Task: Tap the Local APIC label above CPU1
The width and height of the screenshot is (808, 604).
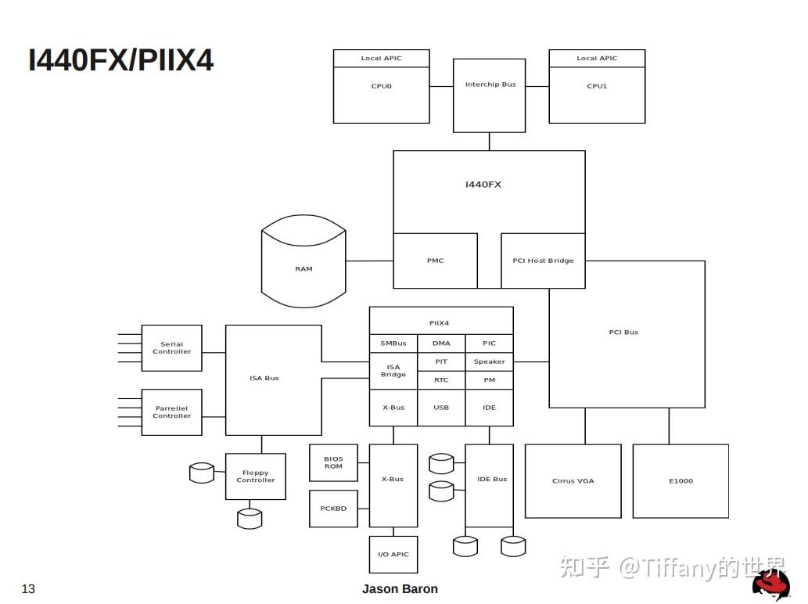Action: [x=597, y=59]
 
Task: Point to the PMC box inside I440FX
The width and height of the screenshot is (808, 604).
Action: [x=435, y=261]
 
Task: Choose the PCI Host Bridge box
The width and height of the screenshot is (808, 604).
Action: [x=543, y=261]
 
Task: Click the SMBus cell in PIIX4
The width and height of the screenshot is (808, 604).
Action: [x=393, y=343]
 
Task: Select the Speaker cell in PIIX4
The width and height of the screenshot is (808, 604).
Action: [x=489, y=361]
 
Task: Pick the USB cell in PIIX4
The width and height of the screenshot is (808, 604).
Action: [x=441, y=408]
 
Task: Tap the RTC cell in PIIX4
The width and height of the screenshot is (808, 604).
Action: [x=441, y=380]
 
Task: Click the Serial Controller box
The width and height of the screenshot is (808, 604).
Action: [x=171, y=348]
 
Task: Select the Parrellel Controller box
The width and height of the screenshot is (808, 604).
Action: [x=171, y=412]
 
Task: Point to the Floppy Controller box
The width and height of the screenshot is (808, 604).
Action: [x=255, y=476]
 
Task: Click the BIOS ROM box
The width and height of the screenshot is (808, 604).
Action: [x=333, y=462]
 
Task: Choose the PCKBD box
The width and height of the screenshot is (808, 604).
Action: [x=333, y=509]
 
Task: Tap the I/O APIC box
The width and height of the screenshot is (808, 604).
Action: [x=393, y=555]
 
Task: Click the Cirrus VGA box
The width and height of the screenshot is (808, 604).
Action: [x=573, y=481]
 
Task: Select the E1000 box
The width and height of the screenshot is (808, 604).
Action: [x=681, y=481]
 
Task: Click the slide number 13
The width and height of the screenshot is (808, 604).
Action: [x=28, y=589]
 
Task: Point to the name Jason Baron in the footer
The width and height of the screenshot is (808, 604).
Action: [x=400, y=589]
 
